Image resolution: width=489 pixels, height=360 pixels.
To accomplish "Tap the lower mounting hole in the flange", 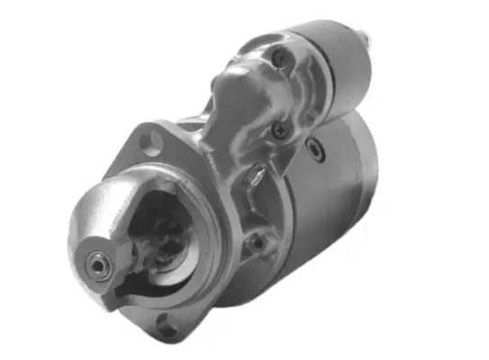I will click(x=168, y=328).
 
